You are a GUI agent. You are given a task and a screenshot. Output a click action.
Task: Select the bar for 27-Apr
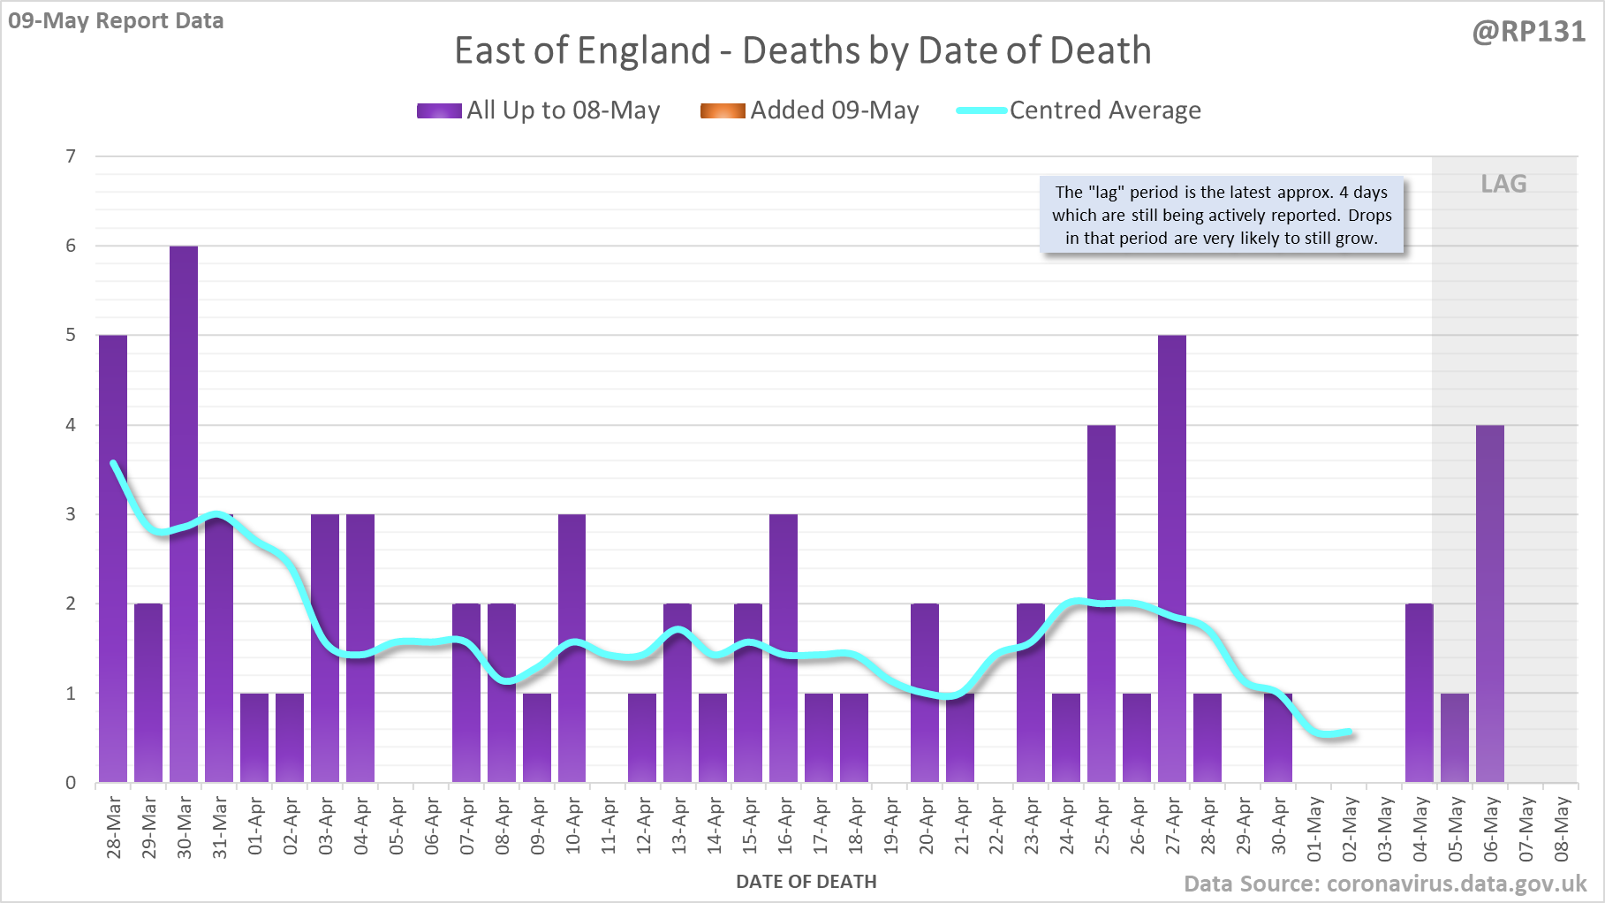click(x=1172, y=558)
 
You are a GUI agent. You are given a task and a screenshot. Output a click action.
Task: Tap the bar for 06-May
click(x=1490, y=603)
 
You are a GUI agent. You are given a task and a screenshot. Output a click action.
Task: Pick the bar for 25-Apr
click(x=1102, y=603)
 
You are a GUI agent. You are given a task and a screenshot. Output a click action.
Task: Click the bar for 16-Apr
click(x=784, y=648)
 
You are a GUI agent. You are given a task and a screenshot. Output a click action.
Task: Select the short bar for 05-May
click(x=1455, y=738)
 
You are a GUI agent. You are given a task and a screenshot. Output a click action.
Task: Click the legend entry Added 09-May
click(x=810, y=110)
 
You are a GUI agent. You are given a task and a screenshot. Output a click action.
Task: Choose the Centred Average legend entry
click(x=1079, y=110)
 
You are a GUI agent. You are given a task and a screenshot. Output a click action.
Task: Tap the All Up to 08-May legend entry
click(x=539, y=110)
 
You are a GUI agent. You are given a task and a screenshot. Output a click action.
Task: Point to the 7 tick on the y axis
click(x=71, y=156)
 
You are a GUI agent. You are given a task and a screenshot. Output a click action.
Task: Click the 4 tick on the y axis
click(x=71, y=425)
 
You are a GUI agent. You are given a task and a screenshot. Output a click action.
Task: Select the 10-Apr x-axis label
click(x=573, y=826)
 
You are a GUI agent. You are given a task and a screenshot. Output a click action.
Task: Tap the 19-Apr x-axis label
click(x=890, y=826)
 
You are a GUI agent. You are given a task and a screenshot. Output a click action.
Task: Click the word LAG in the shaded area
click(x=1503, y=184)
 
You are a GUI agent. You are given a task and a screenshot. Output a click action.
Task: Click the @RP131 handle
click(x=1528, y=32)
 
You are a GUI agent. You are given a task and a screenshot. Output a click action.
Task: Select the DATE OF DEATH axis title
click(x=806, y=882)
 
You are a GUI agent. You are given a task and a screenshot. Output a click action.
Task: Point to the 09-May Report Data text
click(x=116, y=20)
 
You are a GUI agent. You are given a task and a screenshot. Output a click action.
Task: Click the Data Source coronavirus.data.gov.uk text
click(x=1384, y=884)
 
